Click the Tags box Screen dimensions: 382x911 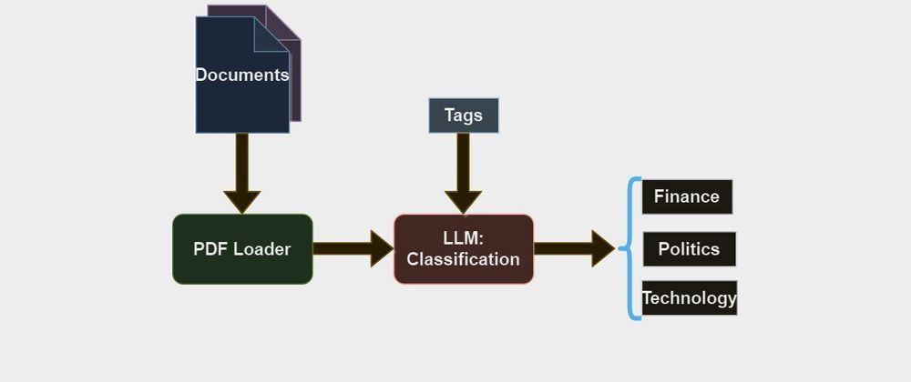(464, 116)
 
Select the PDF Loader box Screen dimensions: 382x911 (242, 249)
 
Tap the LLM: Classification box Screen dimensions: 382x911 (463, 249)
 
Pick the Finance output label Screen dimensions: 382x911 (687, 196)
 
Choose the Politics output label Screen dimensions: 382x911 (689, 249)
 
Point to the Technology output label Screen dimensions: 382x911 (689, 298)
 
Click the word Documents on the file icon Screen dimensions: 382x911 (242, 75)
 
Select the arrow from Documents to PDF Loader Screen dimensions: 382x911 (242, 168)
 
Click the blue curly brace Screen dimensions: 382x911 (630, 247)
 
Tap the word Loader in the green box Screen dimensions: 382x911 (262, 249)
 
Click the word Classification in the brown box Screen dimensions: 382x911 (463, 259)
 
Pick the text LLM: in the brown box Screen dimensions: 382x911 (463, 238)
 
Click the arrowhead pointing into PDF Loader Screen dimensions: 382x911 (242, 201)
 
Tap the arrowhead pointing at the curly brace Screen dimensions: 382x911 (603, 248)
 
